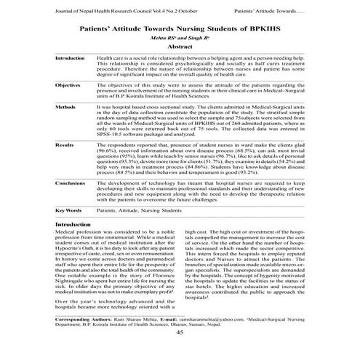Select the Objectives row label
pyautogui.click(x=68, y=85)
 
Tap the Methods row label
pyautogui.click(x=65, y=106)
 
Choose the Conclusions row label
pyautogui.click(x=70, y=185)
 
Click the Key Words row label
pyautogui.click(x=68, y=210)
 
